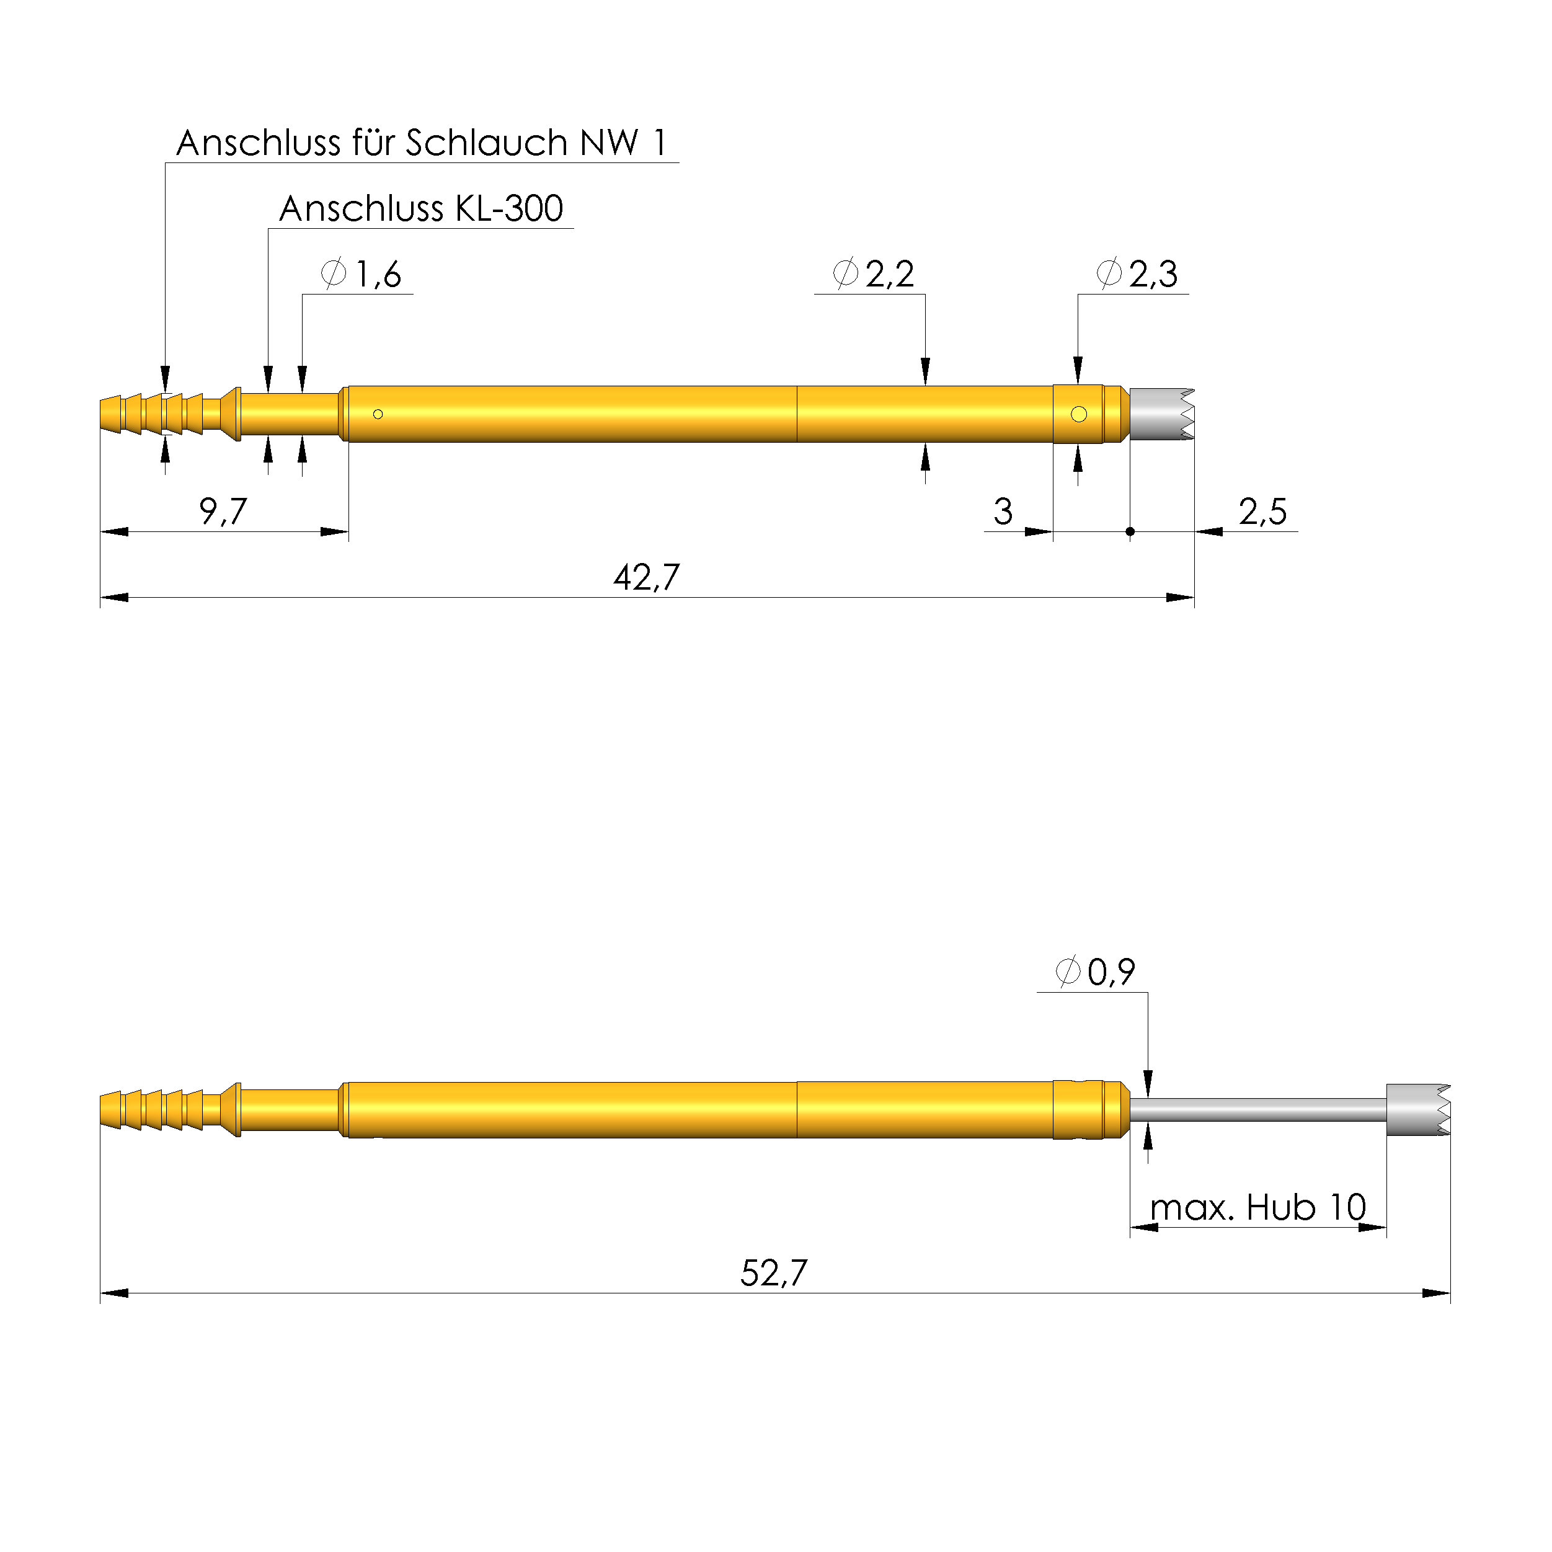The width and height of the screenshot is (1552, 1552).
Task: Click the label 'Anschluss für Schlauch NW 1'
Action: tap(421, 143)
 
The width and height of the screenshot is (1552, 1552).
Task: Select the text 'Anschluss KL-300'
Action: tap(421, 209)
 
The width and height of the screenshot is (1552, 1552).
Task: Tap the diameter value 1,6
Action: tap(378, 275)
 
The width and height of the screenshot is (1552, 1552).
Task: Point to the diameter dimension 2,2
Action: tap(889, 275)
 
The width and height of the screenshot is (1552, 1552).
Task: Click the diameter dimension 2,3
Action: tap(1153, 275)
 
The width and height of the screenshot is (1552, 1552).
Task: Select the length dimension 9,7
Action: tap(223, 512)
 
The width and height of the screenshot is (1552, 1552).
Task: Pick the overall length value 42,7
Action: tap(647, 577)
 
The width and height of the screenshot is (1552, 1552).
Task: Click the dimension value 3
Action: tap(1003, 512)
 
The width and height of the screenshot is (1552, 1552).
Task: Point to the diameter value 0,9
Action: tap(1111, 973)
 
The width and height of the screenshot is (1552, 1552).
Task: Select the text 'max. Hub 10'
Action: tap(1257, 1207)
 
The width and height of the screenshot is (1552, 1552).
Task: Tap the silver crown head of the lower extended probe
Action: tap(1417, 1110)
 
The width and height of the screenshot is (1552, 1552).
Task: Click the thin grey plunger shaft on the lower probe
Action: tap(1257, 1110)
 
